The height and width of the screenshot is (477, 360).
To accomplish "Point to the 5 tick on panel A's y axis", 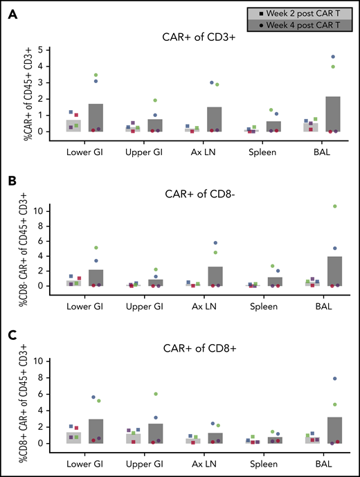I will pos(42,50).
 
